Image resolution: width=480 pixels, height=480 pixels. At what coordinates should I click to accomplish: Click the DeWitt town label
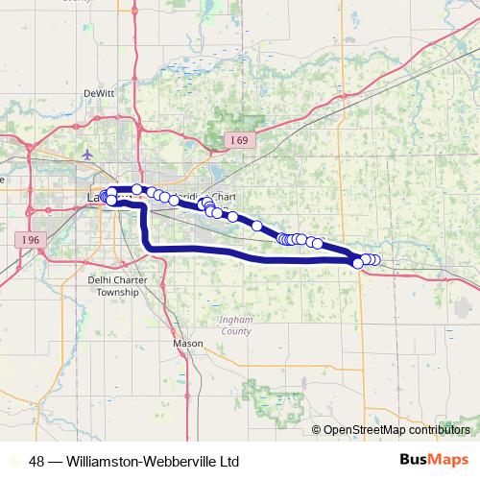click(98, 93)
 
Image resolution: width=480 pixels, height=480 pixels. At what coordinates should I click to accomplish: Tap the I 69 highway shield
click(239, 140)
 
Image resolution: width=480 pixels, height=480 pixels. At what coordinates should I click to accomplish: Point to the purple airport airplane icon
click(89, 154)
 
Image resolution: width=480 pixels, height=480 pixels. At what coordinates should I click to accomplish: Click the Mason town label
click(182, 342)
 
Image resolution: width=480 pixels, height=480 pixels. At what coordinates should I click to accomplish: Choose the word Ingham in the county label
click(235, 322)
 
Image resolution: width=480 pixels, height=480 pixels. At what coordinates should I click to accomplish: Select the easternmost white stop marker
click(375, 259)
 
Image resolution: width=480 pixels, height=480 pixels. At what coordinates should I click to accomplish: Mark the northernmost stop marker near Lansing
click(137, 188)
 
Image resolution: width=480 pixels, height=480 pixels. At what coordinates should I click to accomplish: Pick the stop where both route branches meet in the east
click(358, 261)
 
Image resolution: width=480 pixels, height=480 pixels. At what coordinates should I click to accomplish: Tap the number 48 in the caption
click(36, 461)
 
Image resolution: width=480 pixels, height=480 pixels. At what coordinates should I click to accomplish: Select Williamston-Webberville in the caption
click(136, 461)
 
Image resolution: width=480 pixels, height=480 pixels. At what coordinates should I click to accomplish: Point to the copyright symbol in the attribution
click(318, 430)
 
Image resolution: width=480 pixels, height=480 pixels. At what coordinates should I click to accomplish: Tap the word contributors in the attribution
click(442, 430)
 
